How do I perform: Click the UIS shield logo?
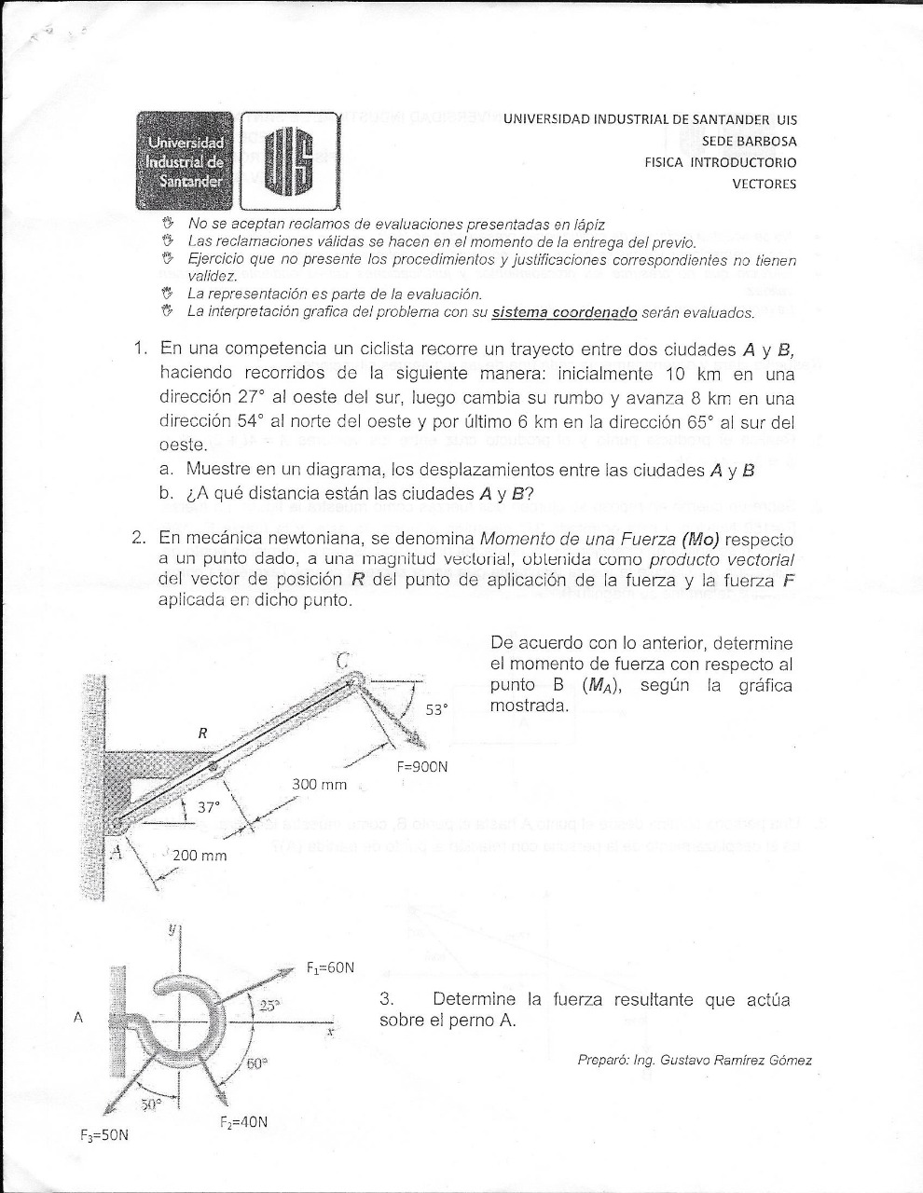point(289,160)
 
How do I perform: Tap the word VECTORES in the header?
point(764,184)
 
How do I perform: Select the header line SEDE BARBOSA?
point(750,141)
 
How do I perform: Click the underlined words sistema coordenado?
point(564,312)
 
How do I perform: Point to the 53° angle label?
point(437,709)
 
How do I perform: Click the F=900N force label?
point(421,767)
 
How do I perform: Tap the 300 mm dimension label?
point(320,785)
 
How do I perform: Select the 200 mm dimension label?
point(200,855)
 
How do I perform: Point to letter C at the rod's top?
point(343,660)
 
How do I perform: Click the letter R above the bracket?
point(202,734)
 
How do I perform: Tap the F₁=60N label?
point(329,967)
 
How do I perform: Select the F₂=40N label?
point(243,1122)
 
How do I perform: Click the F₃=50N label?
point(103,1136)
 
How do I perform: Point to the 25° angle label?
point(269,1005)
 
